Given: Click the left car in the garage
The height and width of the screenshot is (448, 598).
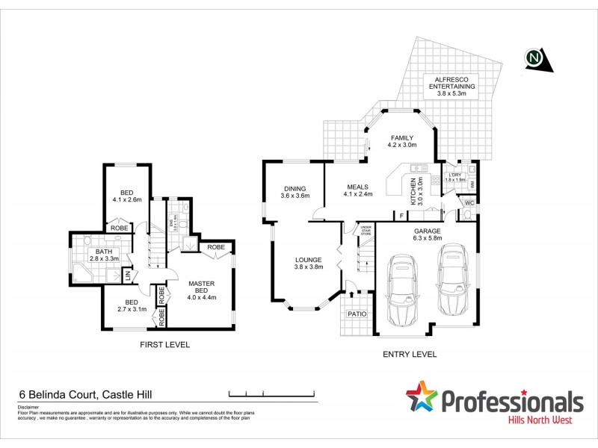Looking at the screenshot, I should click(x=402, y=286).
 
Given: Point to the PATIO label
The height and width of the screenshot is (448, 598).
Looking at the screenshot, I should click(x=357, y=314).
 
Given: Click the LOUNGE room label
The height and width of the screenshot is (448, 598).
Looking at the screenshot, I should click(x=309, y=262).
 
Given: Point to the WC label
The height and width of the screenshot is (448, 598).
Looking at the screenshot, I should click(x=469, y=202).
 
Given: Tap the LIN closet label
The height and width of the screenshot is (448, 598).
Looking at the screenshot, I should click(x=127, y=276).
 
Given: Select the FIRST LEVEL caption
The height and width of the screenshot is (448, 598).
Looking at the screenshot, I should click(x=164, y=345).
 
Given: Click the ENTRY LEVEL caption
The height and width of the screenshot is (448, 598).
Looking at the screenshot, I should click(x=409, y=355).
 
